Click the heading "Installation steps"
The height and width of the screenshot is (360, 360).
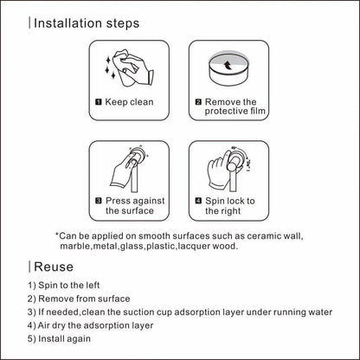[87, 23]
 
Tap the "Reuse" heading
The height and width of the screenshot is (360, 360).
[54, 267]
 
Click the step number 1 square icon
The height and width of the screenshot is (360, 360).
[99, 102]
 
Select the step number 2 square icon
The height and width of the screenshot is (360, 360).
[198, 102]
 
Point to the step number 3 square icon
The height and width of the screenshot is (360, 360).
[99, 201]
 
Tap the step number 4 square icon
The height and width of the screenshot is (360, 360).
[198, 201]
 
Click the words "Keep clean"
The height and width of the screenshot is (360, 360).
[129, 102]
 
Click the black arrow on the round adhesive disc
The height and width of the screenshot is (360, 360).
[228, 66]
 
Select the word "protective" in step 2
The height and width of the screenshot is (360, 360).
[226, 112]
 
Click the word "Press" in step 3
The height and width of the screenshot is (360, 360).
[116, 201]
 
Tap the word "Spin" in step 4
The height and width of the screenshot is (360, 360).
[215, 201]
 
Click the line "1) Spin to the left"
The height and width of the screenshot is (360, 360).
[64, 286]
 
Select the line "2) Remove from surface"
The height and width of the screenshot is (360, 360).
[79, 299]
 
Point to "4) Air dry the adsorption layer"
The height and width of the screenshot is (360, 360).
[90, 325]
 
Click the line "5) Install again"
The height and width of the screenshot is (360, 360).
[59, 338]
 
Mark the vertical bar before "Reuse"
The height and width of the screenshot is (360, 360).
[29, 267]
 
